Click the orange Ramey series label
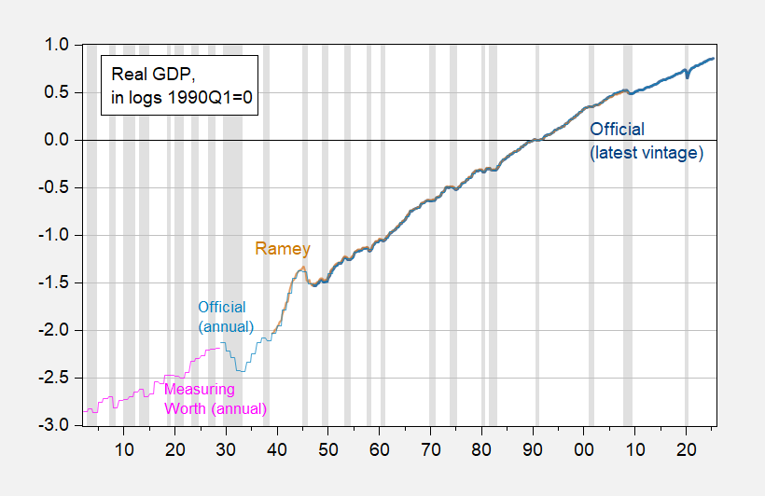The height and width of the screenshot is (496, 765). click(283, 249)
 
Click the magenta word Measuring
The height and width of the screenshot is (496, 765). click(200, 389)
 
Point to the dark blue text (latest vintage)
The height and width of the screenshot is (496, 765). click(646, 152)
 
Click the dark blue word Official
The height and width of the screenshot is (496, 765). click(618, 129)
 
